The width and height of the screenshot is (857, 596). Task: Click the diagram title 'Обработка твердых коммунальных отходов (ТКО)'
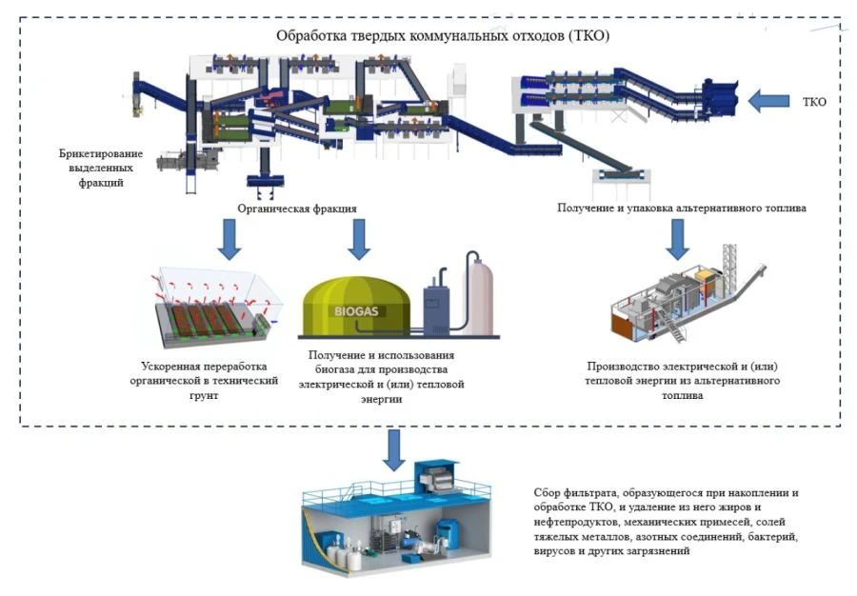pos(443,36)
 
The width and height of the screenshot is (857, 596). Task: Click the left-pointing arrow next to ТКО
pos(769,99)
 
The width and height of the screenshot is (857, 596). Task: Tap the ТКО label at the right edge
pos(818,100)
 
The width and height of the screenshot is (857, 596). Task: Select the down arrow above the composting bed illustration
pos(229,239)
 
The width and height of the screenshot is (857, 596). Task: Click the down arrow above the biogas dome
pos(358,239)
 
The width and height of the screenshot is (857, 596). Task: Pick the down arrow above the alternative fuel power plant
pos(676,239)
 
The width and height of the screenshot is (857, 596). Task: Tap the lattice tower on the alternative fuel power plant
pos(731,262)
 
